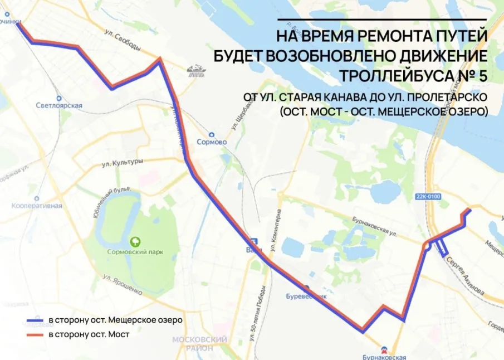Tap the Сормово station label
pos(212,142)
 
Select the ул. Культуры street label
pos(123,162)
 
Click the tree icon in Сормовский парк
pos(135,242)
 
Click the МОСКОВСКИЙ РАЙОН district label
pos(199,343)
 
